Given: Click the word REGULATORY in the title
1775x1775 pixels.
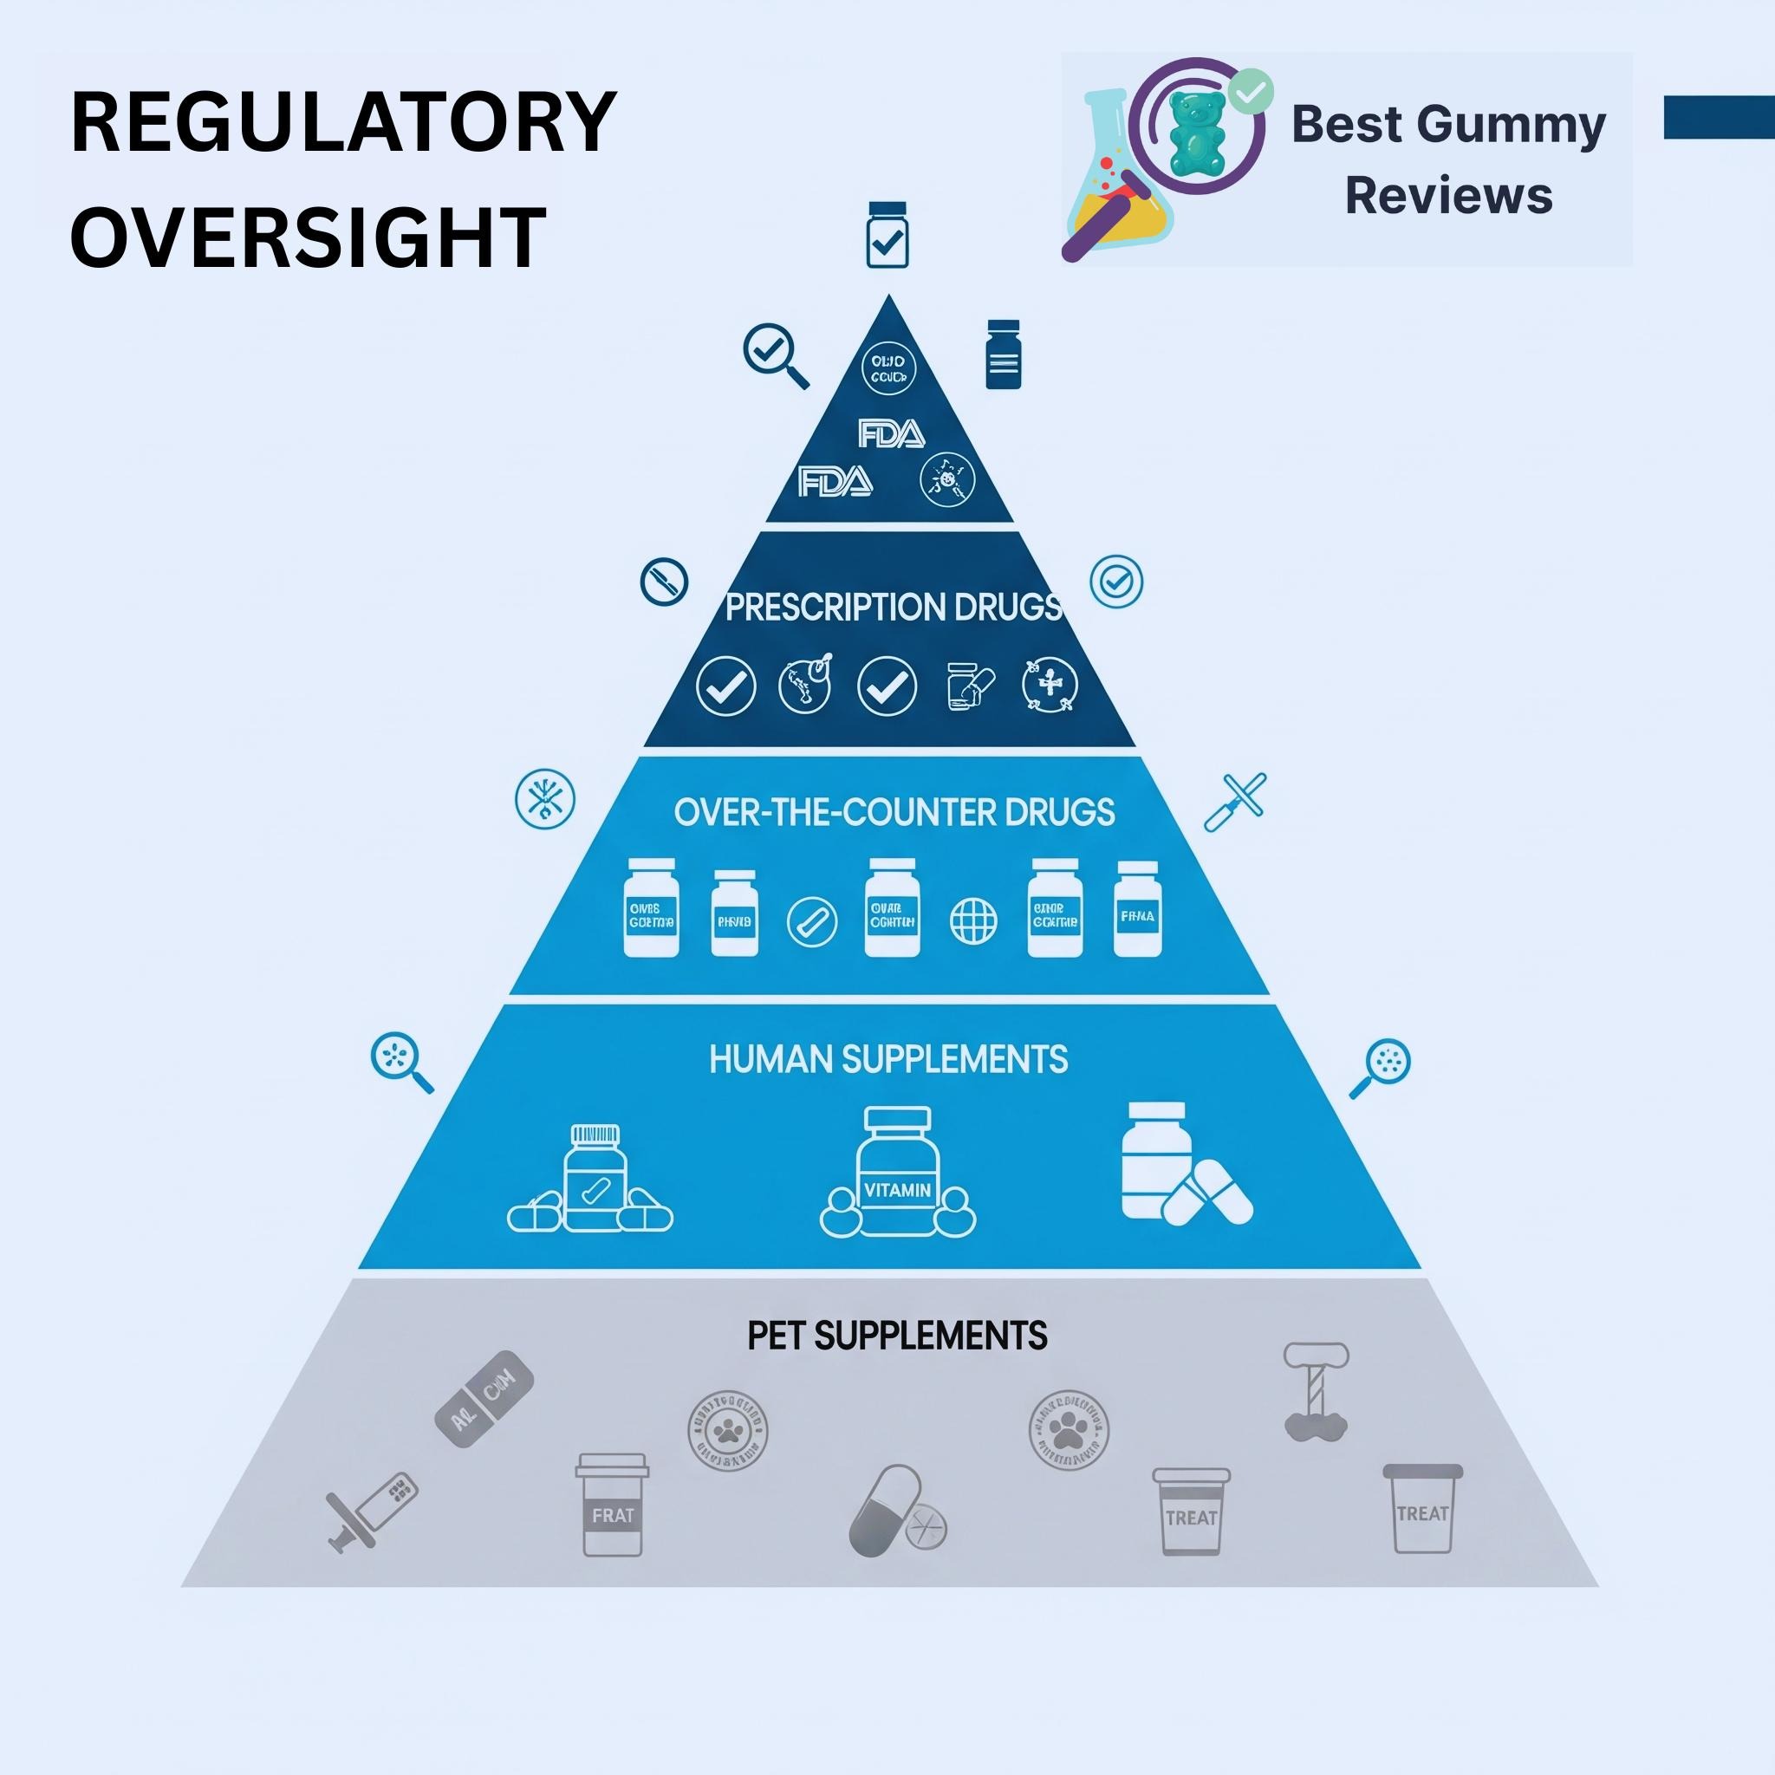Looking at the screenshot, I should [x=342, y=122].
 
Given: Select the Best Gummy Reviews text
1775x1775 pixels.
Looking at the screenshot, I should [x=1447, y=159].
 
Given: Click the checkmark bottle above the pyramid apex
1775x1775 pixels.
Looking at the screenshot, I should [x=887, y=235].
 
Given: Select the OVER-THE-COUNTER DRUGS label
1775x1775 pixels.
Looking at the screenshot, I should [x=893, y=812].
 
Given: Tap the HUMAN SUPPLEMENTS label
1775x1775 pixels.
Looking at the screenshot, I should [x=888, y=1059].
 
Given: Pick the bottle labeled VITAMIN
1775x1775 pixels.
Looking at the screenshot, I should [x=898, y=1174].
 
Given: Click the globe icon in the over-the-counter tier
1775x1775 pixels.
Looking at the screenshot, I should [x=973, y=920].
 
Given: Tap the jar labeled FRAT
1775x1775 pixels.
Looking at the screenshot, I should [x=612, y=1504].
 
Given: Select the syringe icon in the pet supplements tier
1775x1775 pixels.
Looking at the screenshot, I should [x=371, y=1512].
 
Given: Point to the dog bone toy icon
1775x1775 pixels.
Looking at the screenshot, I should [x=1316, y=1391].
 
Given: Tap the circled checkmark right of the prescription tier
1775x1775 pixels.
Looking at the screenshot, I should [x=1116, y=582].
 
